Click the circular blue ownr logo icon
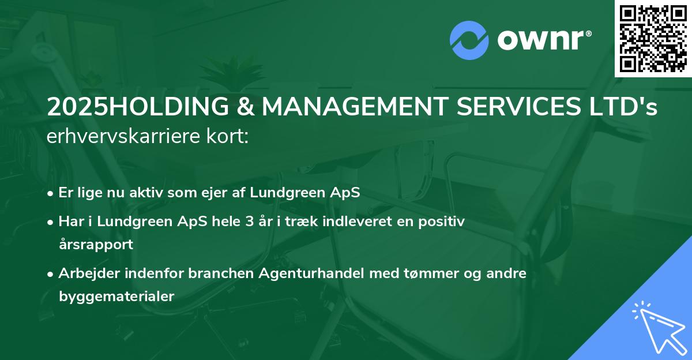pyautogui.click(x=469, y=40)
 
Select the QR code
pyautogui.click(x=653, y=38)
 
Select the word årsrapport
pyautogui.click(x=96, y=244)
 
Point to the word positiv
pyautogui.click(x=441, y=221)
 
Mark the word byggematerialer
pyautogui.click(x=116, y=297)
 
